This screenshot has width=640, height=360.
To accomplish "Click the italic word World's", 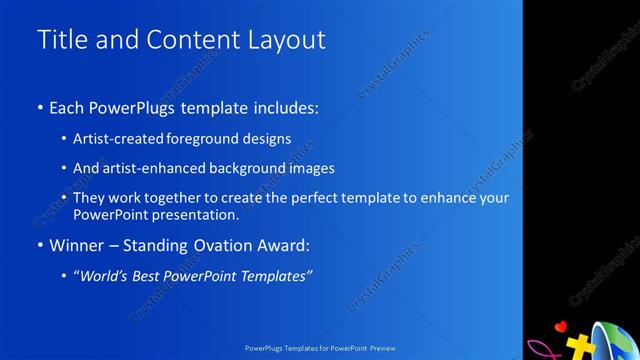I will click(105, 275).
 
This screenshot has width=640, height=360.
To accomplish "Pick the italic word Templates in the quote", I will click(281, 275).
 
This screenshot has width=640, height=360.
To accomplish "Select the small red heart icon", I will click(561, 326).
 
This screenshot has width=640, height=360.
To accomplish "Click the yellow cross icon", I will click(578, 346).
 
